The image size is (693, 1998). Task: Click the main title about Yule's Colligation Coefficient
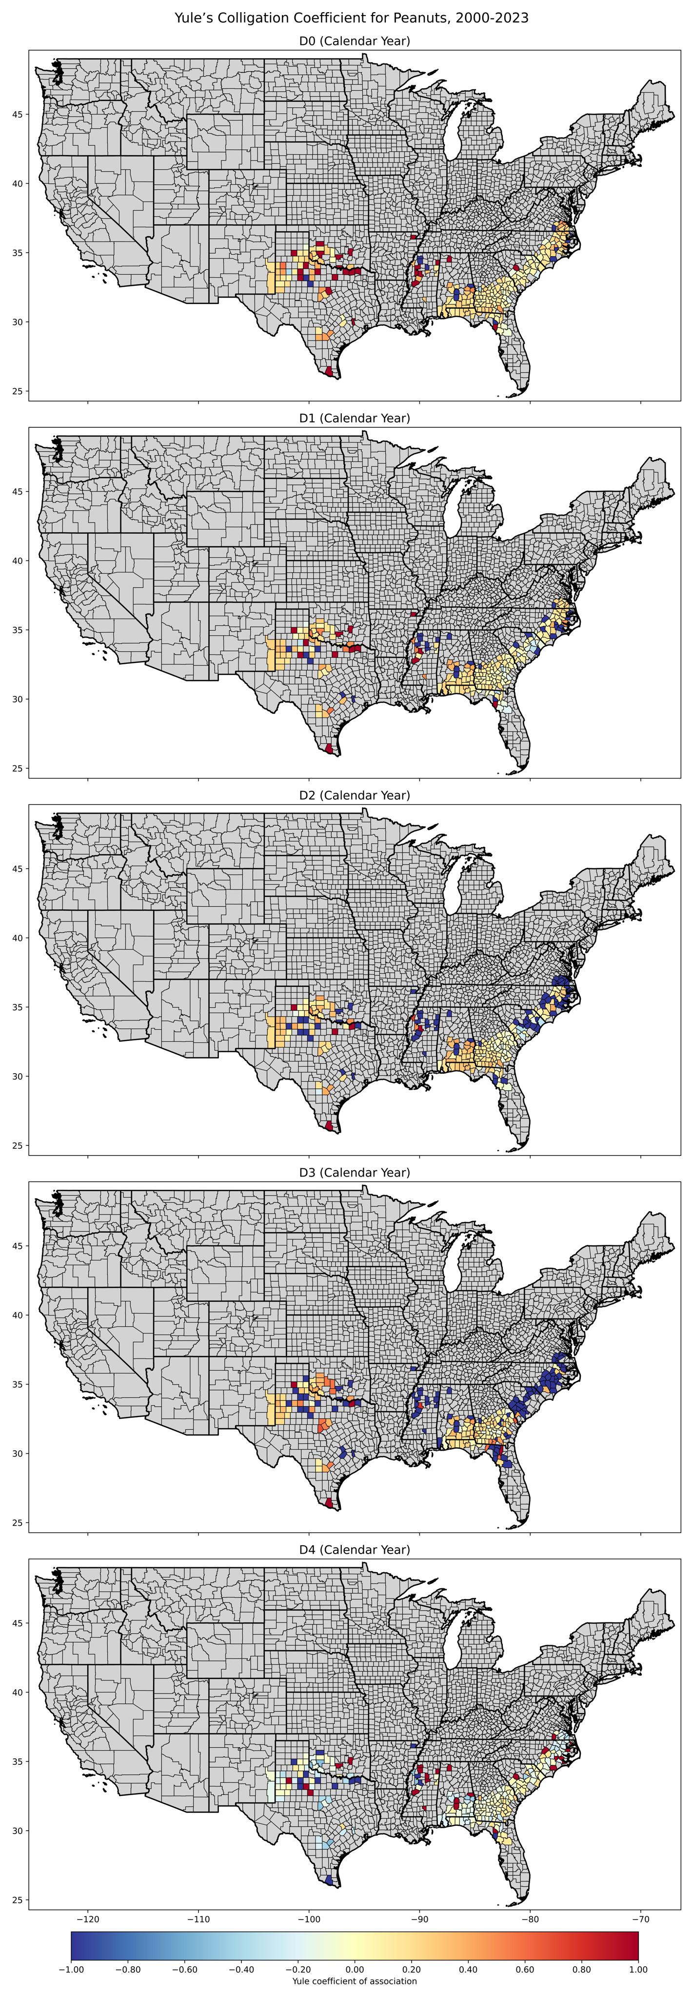(351, 18)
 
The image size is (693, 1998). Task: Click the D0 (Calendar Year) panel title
(354, 41)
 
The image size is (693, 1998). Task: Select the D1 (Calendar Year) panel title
(354, 418)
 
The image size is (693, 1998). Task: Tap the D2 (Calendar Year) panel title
(354, 795)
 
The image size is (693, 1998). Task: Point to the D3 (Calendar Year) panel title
(354, 1172)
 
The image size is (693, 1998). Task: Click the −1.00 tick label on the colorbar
(71, 1969)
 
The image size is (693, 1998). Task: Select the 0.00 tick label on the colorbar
(354, 1969)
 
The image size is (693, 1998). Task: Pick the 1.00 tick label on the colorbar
(638, 1969)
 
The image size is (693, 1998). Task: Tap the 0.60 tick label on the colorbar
(525, 1969)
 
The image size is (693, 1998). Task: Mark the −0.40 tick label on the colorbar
(241, 1969)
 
